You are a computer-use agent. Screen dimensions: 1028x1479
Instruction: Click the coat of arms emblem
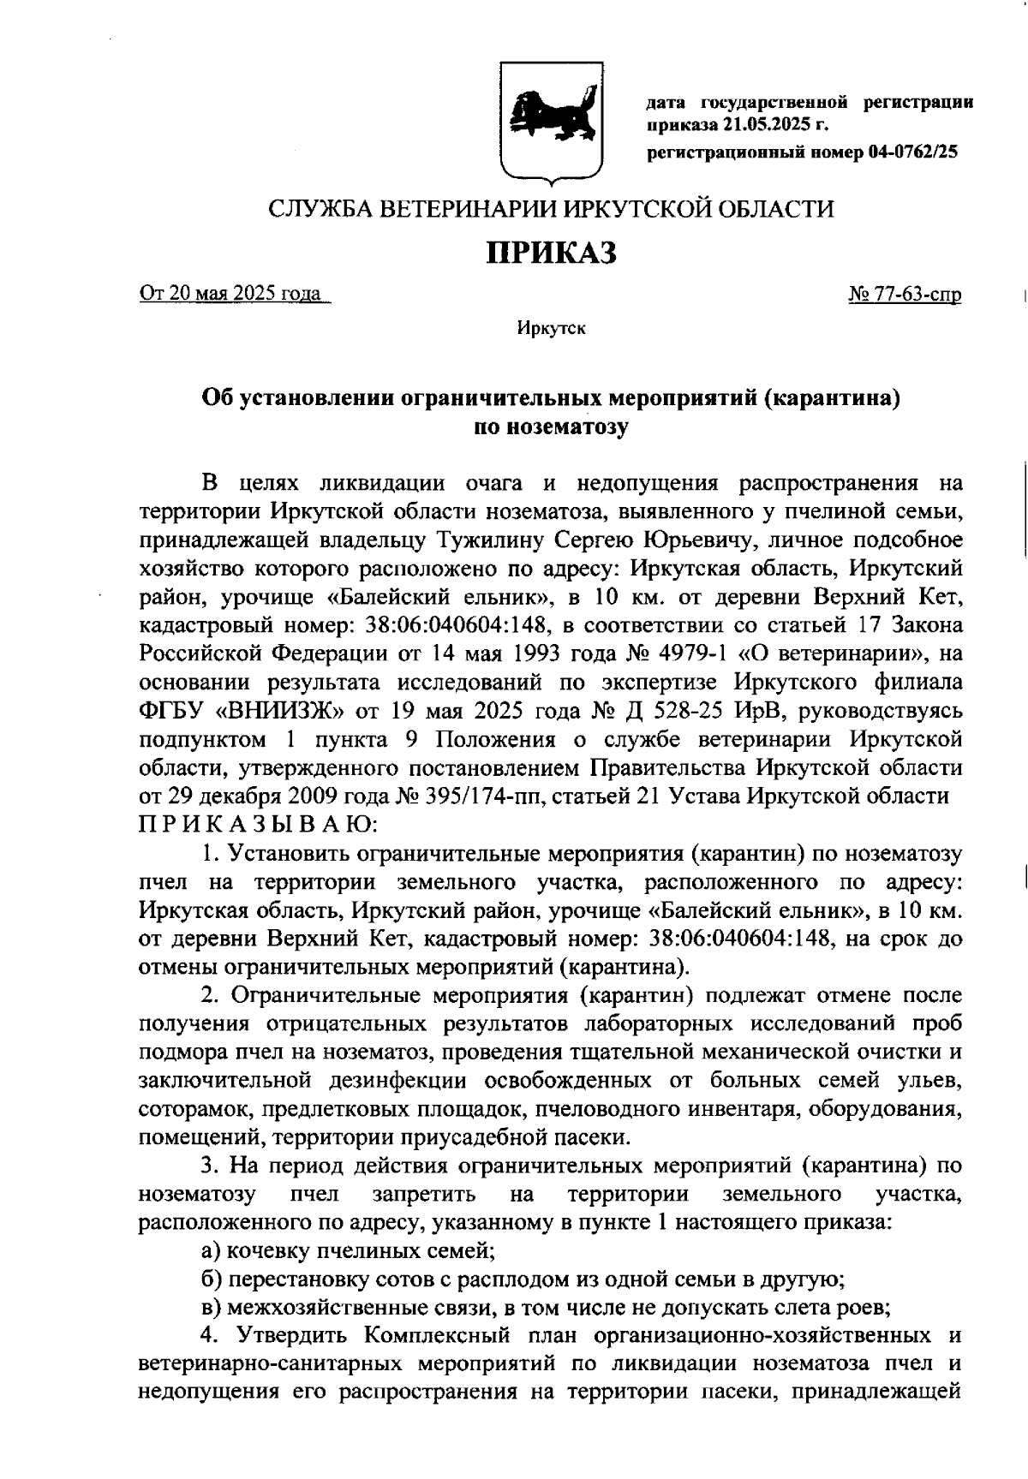point(551,121)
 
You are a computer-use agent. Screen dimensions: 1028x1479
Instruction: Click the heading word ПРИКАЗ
point(552,253)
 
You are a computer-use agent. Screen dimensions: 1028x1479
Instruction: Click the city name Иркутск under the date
point(551,328)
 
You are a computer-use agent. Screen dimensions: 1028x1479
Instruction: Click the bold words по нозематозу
point(551,426)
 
